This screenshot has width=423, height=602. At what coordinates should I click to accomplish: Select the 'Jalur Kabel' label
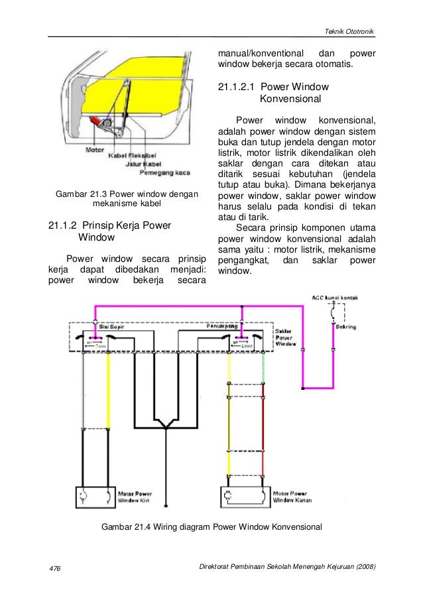pyautogui.click(x=143, y=166)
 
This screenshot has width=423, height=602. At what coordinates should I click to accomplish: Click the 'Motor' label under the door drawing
pyautogui.click(x=95, y=150)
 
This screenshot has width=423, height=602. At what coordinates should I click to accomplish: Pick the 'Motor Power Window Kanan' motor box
pyautogui.click(x=246, y=497)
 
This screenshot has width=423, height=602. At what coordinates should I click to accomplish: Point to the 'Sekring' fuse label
pyautogui.click(x=346, y=328)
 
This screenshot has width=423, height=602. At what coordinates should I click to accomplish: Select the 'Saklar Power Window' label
pyautogui.click(x=286, y=337)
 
